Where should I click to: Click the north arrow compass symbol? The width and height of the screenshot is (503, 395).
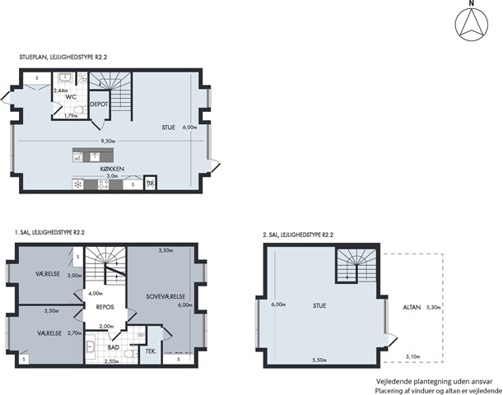coord(471,25)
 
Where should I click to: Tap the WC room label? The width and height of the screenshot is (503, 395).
coord(71,97)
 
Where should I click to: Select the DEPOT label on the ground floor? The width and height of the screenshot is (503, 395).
coord(99,105)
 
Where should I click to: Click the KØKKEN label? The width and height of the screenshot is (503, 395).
coord(112,169)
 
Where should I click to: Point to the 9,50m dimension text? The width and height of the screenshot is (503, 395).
coord(108,141)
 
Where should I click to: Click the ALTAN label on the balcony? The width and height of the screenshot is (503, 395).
coord(412,308)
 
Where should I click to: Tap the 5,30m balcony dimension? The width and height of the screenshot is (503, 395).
coord(433,307)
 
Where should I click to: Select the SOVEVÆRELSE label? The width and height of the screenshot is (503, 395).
coord(165,296)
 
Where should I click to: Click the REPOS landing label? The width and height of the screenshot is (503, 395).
coord(105,307)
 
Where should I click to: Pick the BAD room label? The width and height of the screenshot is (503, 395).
coord(114,347)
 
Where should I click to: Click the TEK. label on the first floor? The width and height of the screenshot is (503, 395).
coord(151,351)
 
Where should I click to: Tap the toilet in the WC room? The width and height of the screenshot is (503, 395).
coord(82,110)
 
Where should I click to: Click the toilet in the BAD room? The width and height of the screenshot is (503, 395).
coord(130,355)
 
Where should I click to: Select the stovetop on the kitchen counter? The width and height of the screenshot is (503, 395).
coord(103,184)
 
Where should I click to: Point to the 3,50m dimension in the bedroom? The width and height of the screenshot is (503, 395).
coord(165,250)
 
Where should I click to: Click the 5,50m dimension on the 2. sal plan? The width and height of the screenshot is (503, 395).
coord(319,360)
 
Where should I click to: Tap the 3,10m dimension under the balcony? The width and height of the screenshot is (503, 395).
coord(413,355)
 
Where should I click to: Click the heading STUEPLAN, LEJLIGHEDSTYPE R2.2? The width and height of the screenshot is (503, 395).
coord(63,58)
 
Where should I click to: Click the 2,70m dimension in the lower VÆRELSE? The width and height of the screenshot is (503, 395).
coord(74,333)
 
